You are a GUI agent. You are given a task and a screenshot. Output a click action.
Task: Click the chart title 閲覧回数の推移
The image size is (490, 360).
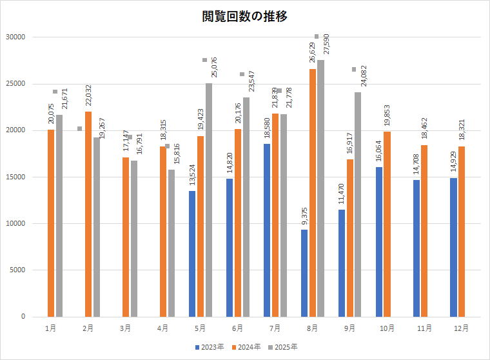point(244,17)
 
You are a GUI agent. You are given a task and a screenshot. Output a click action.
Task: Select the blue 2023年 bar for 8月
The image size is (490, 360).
point(304,273)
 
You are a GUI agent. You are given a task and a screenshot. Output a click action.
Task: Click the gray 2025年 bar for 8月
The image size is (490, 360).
point(320,188)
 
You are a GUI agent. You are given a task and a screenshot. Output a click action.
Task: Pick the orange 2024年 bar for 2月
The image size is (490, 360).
point(88,214)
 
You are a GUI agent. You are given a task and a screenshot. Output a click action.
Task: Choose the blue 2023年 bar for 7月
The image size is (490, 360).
point(267,230)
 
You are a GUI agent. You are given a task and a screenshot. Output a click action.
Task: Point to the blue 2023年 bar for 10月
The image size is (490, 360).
point(379,241)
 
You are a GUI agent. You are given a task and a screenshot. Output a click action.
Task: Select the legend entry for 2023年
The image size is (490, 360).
point(211,347)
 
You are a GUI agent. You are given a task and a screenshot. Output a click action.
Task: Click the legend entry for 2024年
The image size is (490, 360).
point(247,347)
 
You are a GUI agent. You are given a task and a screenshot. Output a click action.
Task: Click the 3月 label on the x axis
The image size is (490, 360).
point(125,328)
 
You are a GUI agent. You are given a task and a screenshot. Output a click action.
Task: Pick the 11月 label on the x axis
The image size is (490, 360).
point(424,328)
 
